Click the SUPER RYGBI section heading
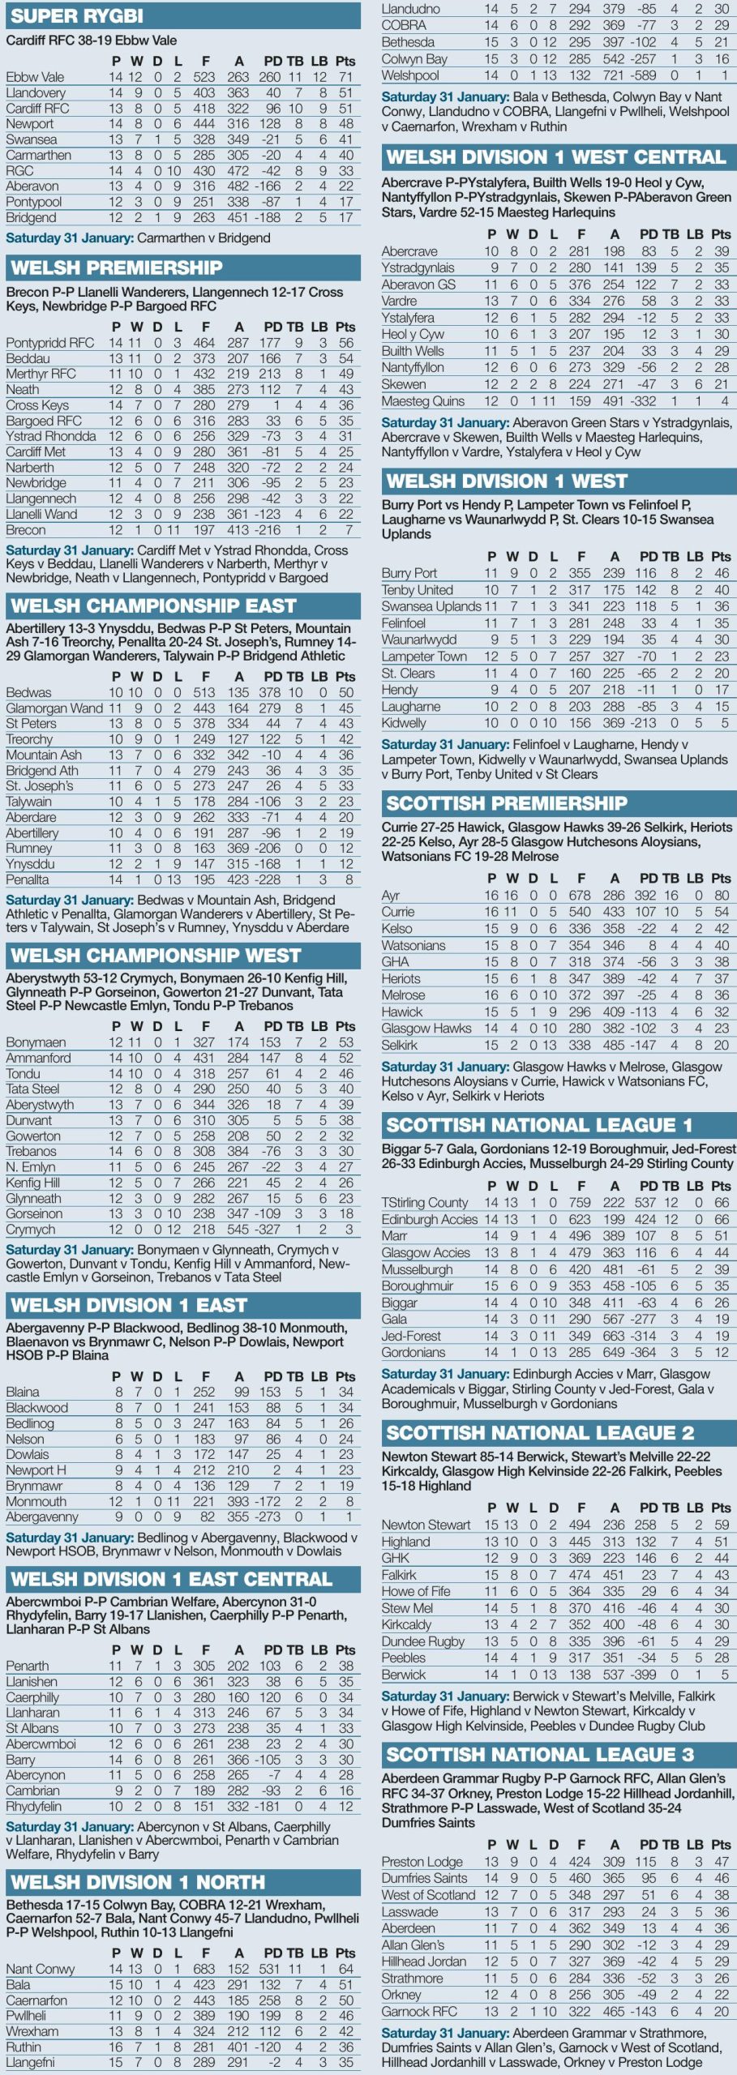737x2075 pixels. click(x=77, y=15)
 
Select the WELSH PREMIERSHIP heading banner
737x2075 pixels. click(x=117, y=268)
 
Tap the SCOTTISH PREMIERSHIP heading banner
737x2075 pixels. click(x=507, y=803)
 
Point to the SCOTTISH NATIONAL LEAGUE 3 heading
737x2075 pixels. click(x=540, y=1755)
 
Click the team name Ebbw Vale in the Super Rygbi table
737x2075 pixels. click(x=35, y=77)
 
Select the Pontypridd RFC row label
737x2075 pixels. click(x=49, y=343)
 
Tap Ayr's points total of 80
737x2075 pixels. click(x=721, y=896)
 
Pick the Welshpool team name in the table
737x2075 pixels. click(x=410, y=75)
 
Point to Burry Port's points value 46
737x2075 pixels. click(x=721, y=573)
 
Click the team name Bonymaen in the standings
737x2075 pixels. click(x=36, y=1042)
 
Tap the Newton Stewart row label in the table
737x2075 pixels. click(x=426, y=1525)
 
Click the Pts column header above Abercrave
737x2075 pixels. click(x=721, y=234)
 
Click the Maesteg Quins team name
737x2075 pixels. click(x=423, y=401)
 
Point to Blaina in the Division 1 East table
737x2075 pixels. click(x=23, y=1392)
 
